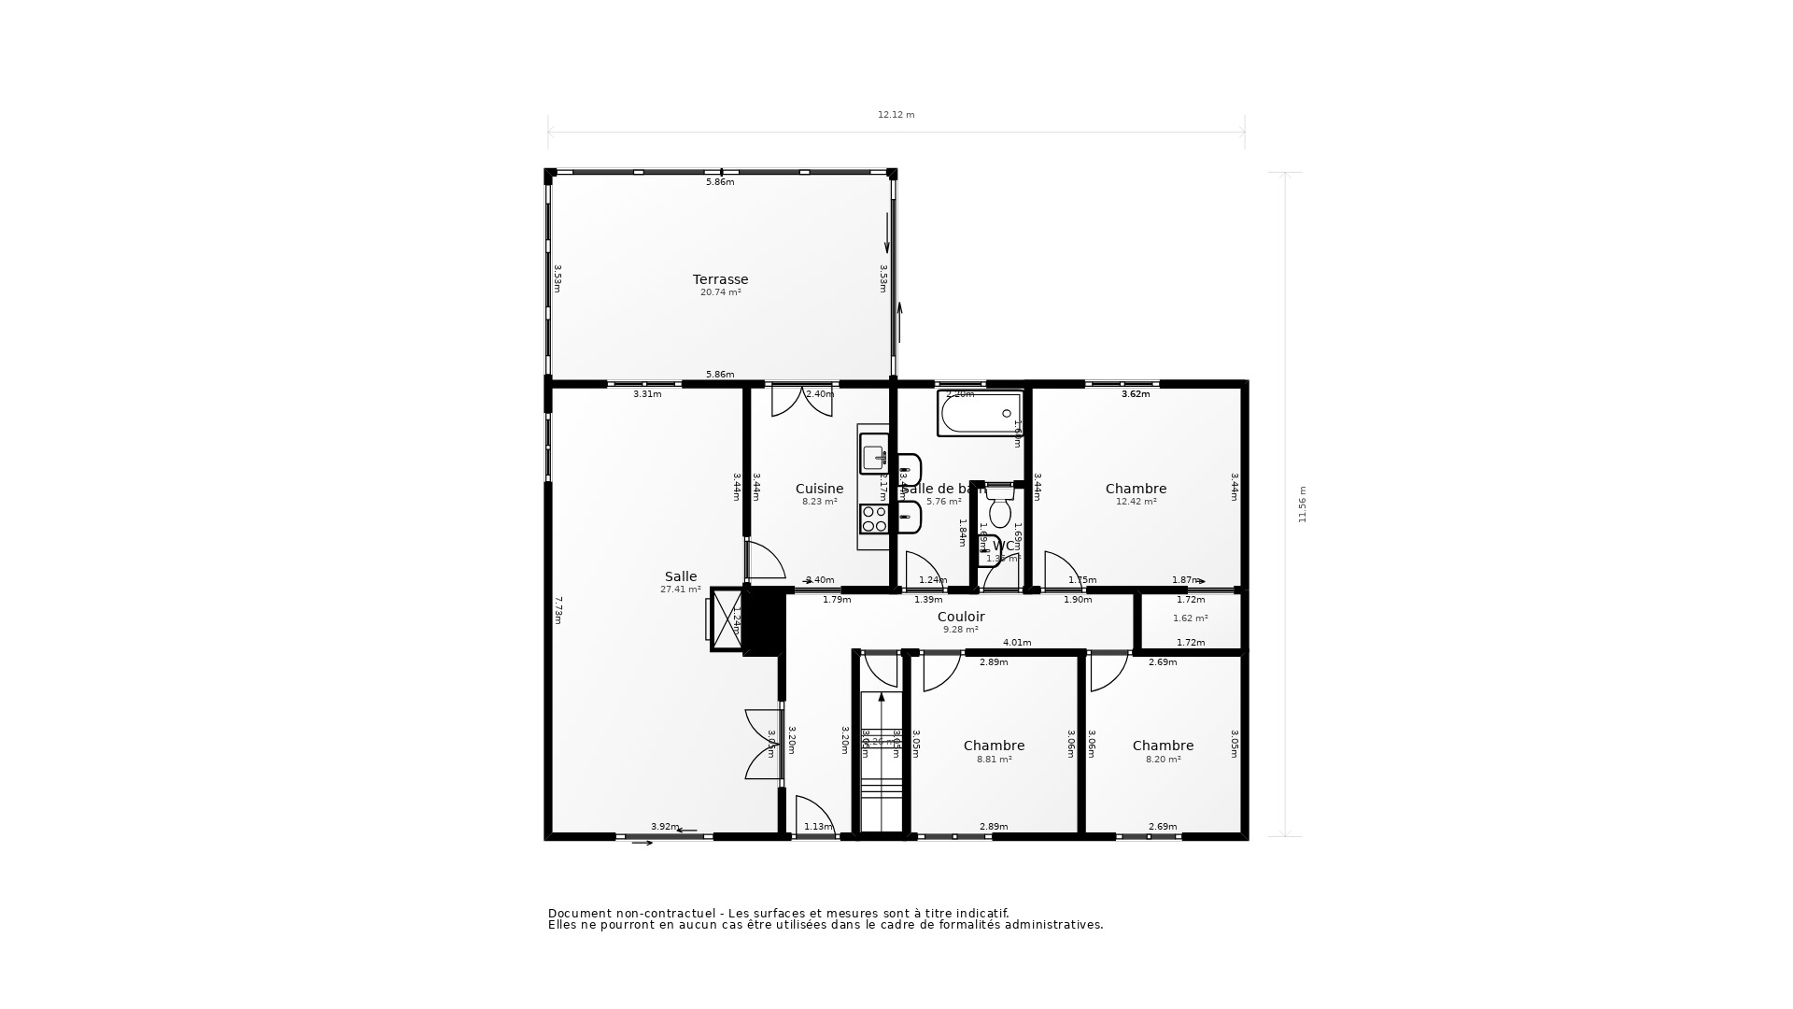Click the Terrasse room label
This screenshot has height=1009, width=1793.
tap(720, 279)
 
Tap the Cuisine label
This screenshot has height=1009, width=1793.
tap(819, 489)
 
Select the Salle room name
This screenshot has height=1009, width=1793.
tap(681, 576)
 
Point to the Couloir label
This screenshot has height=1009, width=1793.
tap(961, 617)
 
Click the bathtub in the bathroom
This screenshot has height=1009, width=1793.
tap(980, 413)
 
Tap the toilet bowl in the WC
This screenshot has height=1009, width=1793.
tap(999, 512)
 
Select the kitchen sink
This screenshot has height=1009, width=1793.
tap(874, 455)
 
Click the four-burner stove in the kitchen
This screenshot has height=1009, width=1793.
tap(874, 519)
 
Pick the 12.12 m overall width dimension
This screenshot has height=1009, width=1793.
tap(896, 115)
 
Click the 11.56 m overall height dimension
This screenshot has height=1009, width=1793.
tap(1303, 504)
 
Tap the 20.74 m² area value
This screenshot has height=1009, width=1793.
tap(720, 292)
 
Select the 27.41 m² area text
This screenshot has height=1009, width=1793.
tap(681, 590)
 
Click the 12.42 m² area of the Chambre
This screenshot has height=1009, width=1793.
tap(1136, 502)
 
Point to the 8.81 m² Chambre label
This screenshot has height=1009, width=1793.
tap(994, 746)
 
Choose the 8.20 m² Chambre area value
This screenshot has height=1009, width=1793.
tap(1163, 760)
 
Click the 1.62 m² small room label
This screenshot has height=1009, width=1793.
tap(1190, 618)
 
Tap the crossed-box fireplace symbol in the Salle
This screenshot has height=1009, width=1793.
tap(726, 618)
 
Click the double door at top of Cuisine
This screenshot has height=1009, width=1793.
tap(801, 400)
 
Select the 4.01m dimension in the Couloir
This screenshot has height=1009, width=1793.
tap(1017, 643)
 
